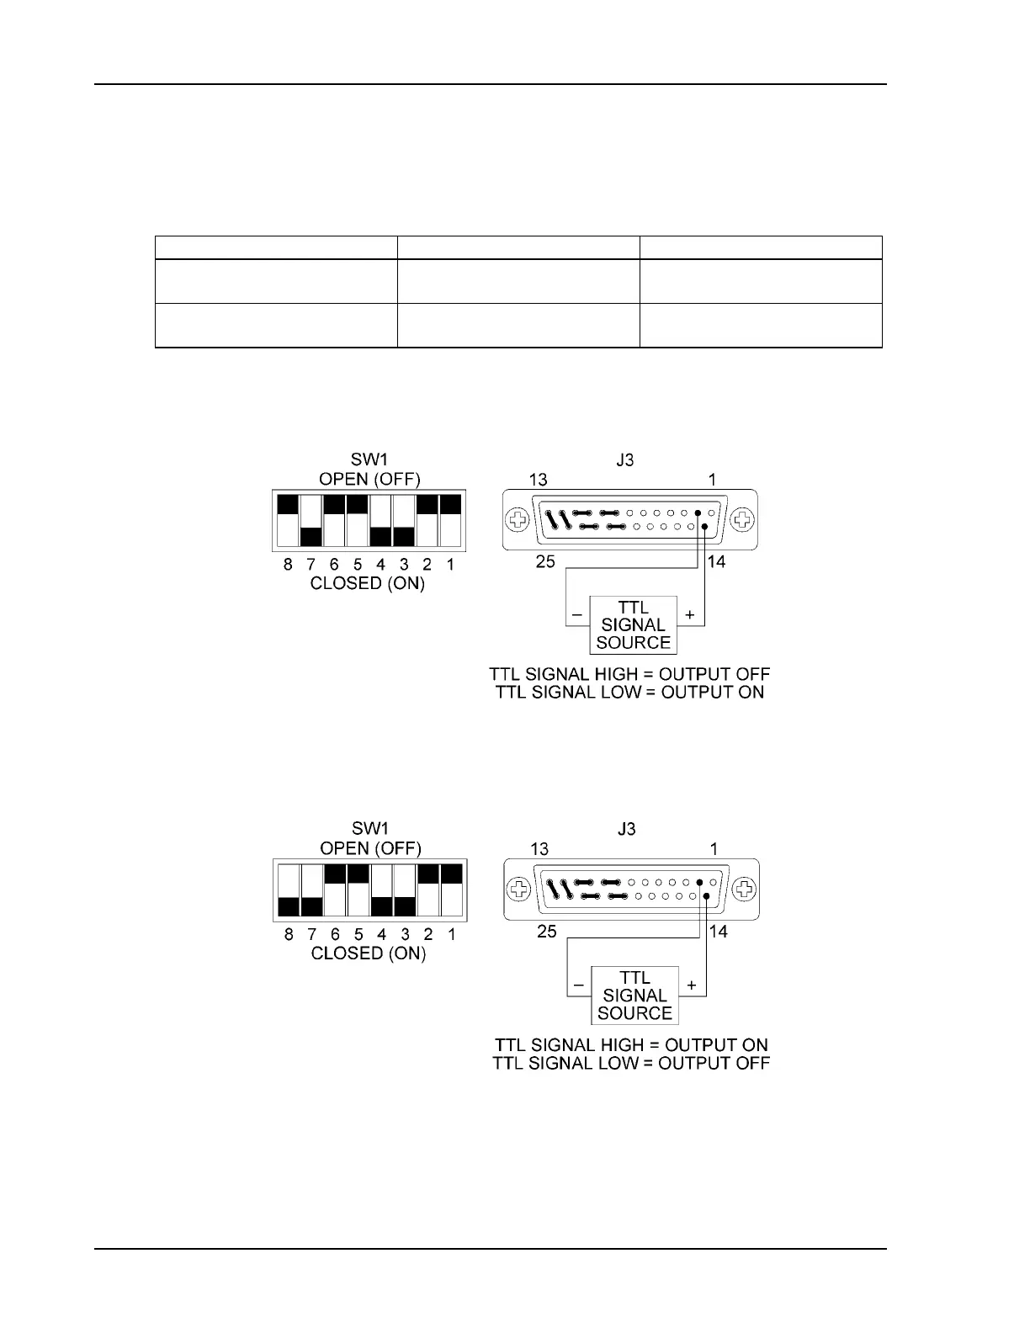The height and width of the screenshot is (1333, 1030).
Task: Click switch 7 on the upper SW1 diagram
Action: tap(311, 521)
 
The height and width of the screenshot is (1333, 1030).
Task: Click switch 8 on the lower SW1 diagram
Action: tap(289, 890)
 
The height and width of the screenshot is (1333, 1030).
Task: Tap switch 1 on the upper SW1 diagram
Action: tap(451, 521)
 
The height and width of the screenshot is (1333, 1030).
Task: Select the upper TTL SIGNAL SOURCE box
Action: tap(633, 625)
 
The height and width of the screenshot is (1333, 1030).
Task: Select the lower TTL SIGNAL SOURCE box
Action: tap(634, 996)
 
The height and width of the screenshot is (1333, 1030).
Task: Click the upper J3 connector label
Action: tap(625, 460)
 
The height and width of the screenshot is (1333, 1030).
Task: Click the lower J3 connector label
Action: tap(627, 829)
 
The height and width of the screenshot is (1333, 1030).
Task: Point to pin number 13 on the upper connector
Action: tap(539, 480)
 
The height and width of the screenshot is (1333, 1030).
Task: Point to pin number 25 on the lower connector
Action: tap(547, 932)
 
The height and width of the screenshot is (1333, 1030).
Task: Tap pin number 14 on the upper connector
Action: tap(717, 561)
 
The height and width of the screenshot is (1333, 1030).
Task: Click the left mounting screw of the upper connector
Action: tap(519, 520)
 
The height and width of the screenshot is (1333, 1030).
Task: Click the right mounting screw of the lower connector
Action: tap(743, 890)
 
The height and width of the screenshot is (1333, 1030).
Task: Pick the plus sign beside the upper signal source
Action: tap(690, 615)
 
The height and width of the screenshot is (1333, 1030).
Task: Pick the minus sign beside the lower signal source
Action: tap(579, 985)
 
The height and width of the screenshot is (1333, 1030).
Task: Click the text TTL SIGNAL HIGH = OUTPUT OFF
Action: tap(629, 675)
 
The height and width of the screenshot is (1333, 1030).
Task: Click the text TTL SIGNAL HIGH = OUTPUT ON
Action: tap(631, 1045)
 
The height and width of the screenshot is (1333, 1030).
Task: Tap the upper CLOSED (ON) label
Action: tap(368, 583)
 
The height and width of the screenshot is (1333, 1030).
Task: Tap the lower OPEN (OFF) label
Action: tap(370, 848)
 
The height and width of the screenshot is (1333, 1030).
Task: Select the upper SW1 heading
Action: tap(369, 460)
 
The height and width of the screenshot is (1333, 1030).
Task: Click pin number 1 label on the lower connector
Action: tap(714, 849)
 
